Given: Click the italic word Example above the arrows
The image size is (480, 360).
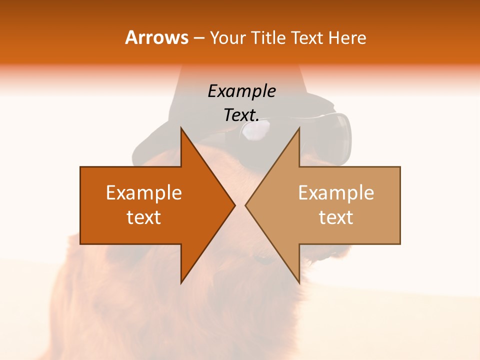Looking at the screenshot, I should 241,91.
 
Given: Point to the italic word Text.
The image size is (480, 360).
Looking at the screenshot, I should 241,115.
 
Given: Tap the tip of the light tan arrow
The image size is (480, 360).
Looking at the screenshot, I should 247,205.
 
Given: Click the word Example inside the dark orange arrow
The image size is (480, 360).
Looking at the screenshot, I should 144,192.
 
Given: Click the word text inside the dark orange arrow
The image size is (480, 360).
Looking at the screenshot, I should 144,217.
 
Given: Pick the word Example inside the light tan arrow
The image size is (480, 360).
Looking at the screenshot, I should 336,192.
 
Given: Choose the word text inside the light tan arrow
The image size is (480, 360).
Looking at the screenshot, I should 336,217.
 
